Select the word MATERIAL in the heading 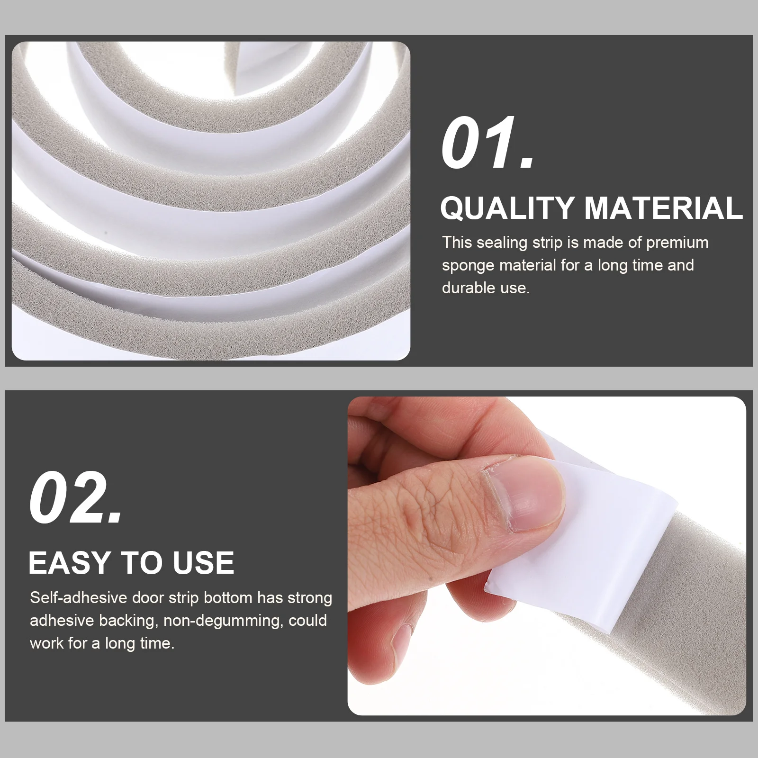point(663,208)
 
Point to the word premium point(677,243)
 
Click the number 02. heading point(76,499)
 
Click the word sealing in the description point(502,243)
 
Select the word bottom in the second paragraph point(227,598)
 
